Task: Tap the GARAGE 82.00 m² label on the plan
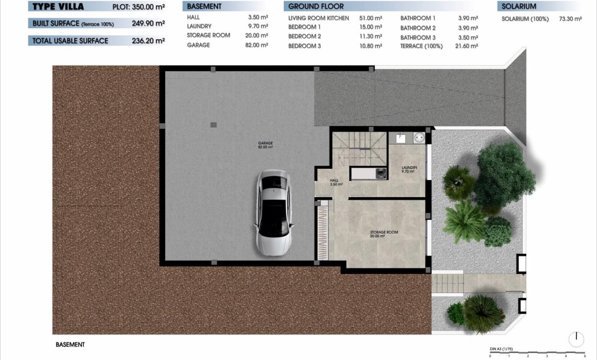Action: (x=265, y=145)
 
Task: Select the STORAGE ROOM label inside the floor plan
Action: (x=384, y=234)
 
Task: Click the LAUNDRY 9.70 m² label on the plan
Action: (x=409, y=169)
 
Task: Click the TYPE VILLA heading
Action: (x=58, y=7)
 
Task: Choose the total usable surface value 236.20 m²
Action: (x=147, y=41)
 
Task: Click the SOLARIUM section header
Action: (x=518, y=6)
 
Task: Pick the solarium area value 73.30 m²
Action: (x=570, y=19)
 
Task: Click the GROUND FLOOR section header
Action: (x=316, y=6)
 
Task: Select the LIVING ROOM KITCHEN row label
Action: (x=318, y=18)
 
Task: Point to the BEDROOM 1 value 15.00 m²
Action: (x=370, y=27)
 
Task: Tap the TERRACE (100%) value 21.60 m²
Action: (x=467, y=46)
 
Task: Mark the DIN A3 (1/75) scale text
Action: (x=501, y=349)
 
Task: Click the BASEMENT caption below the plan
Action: (x=70, y=345)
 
